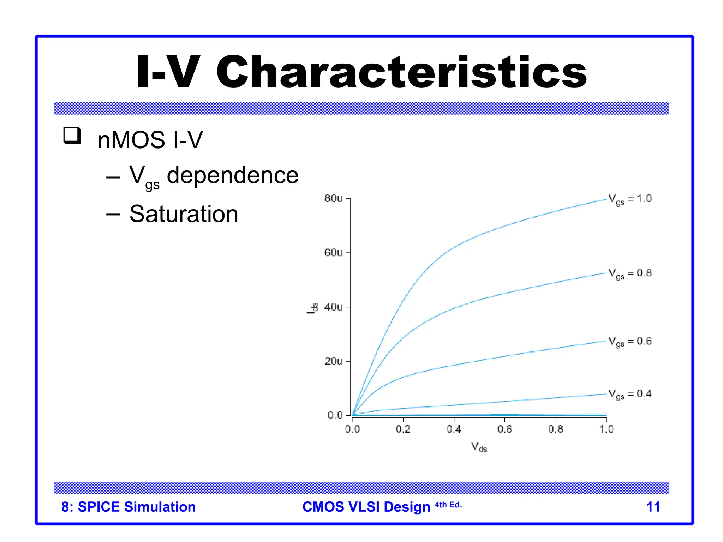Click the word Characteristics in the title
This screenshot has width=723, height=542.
click(x=401, y=72)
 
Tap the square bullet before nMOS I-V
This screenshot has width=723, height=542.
click(x=72, y=136)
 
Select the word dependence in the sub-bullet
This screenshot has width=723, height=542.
click(x=232, y=175)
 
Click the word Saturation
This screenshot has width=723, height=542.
click(x=184, y=214)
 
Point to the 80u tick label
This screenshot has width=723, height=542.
click(x=333, y=199)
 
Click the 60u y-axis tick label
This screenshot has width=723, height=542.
click(x=333, y=253)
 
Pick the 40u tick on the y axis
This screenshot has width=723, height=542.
click(x=333, y=307)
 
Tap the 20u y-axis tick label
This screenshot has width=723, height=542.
click(x=333, y=361)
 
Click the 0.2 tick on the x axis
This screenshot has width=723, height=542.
click(x=403, y=429)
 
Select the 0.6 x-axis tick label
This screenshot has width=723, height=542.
click(x=504, y=429)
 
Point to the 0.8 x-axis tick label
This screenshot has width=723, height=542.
click(x=555, y=429)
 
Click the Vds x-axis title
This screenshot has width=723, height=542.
click(x=479, y=447)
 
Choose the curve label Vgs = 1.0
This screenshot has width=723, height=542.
click(x=630, y=199)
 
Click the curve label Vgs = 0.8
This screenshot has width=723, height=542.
click(x=630, y=273)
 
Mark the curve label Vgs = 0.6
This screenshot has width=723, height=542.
click(x=630, y=342)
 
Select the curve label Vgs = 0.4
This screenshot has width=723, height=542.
click(x=630, y=394)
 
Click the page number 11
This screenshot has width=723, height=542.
click(x=653, y=507)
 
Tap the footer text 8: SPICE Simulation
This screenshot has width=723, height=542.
click(x=129, y=507)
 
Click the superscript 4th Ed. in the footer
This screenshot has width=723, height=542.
click(x=448, y=505)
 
